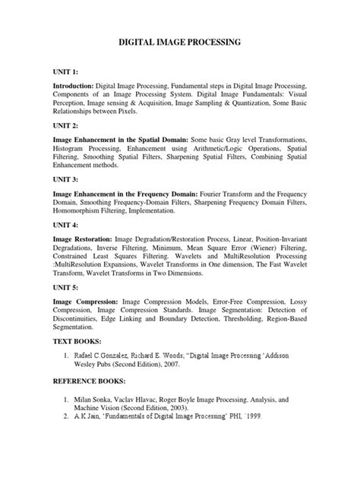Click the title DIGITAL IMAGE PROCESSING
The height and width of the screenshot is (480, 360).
pyautogui.click(x=180, y=45)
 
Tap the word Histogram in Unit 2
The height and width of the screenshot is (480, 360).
pyautogui.click(x=73, y=153)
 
